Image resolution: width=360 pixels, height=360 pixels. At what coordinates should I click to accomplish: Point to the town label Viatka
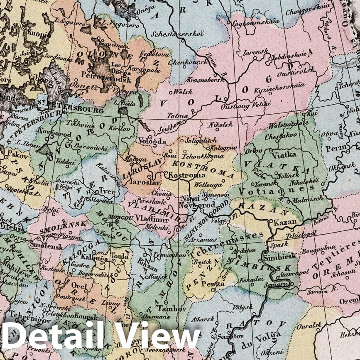point(284,155)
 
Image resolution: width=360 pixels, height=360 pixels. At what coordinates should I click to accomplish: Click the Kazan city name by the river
point(285,222)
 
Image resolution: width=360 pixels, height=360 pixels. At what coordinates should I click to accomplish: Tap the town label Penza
point(213,284)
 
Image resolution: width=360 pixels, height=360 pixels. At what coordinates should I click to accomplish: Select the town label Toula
point(120,257)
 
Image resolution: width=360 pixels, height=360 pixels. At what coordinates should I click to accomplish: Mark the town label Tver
point(107,192)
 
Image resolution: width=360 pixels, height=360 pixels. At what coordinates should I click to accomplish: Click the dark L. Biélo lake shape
point(123,111)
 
